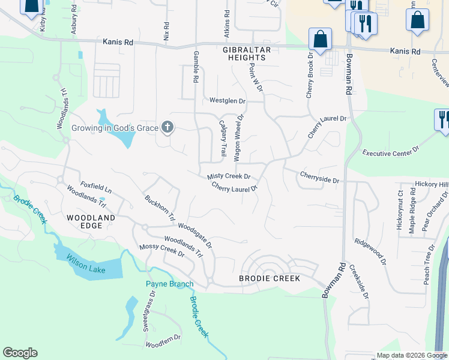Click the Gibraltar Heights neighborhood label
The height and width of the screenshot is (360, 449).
click(x=247, y=53)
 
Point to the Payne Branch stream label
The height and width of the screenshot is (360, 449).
click(x=169, y=284)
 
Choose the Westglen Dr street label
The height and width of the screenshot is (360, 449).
click(x=228, y=100)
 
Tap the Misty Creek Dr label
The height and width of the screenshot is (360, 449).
click(x=229, y=177)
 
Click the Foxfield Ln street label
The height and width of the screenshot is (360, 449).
click(x=96, y=188)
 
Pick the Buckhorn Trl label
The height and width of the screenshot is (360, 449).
click(x=160, y=208)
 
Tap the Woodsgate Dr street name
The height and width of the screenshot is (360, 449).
click(x=195, y=235)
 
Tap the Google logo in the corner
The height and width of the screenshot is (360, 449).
click(x=20, y=353)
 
